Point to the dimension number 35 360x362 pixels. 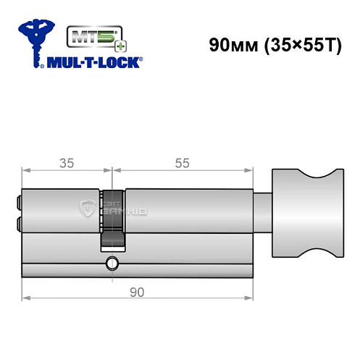click(66, 162)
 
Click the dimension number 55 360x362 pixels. click(183, 162)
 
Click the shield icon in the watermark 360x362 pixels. click(87, 210)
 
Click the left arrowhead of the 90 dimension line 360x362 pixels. click(26, 297)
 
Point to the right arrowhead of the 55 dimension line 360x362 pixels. click(252, 172)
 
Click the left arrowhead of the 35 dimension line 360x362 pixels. click(26, 172)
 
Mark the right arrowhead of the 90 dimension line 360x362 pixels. click(252, 297)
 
